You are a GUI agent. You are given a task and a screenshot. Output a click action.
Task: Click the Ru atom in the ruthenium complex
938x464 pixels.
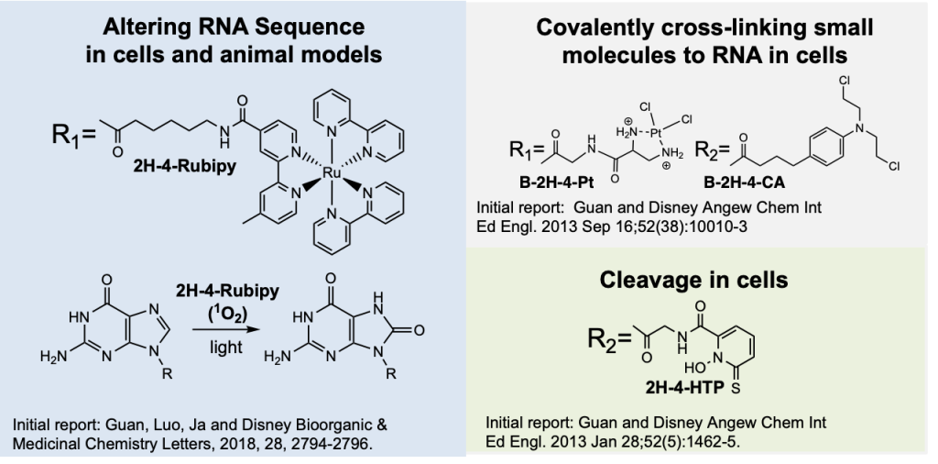pos(331,173)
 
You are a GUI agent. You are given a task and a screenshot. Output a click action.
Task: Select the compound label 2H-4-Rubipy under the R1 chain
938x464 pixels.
pos(185,166)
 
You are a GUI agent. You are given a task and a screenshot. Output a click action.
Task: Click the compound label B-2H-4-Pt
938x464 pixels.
pos(557,182)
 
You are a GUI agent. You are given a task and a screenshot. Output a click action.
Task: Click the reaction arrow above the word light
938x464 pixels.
pos(226,328)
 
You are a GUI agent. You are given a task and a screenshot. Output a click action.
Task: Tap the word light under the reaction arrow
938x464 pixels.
pos(226,347)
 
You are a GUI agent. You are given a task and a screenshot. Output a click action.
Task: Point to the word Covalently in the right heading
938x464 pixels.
pos(603,28)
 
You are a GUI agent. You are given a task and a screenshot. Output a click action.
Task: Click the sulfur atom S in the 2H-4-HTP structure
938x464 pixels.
pos(736,389)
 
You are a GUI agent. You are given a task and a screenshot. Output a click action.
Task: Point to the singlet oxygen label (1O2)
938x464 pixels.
pos(227,312)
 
